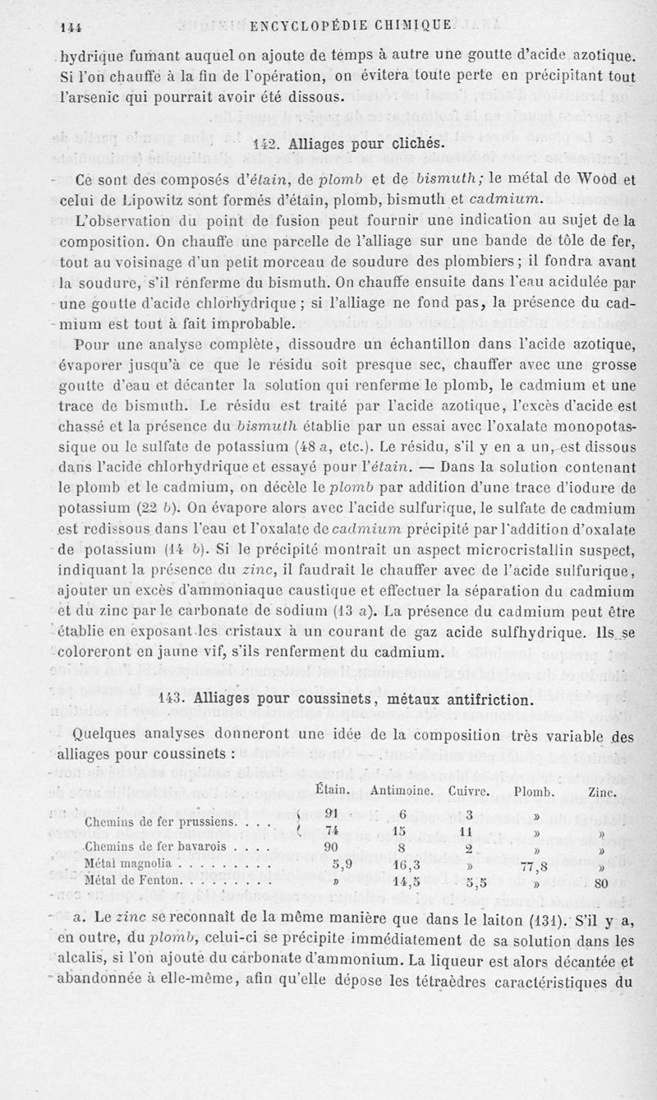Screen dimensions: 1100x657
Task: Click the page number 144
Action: (73, 27)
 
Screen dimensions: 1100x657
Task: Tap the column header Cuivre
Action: (469, 792)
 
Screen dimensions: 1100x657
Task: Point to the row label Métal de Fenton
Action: (131, 880)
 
